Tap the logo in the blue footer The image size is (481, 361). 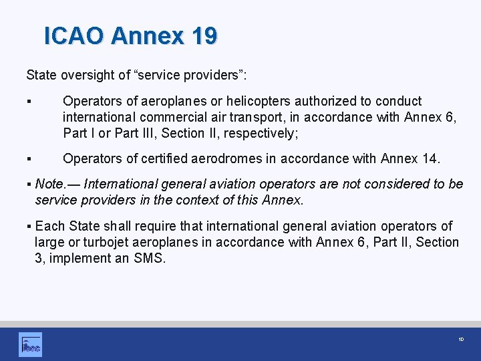(x=30, y=344)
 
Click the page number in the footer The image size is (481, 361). (x=461, y=340)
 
